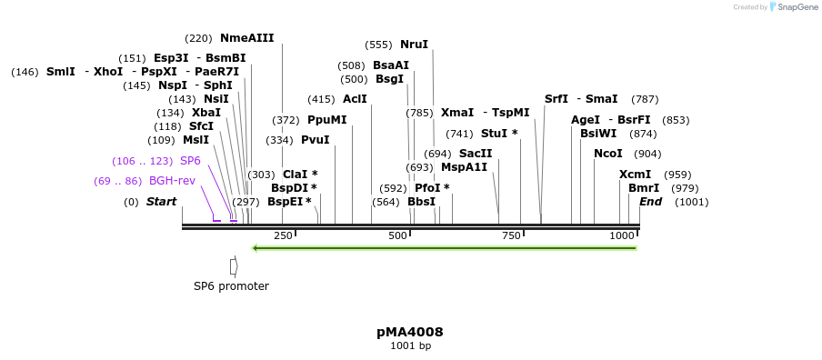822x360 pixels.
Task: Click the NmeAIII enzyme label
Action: click(x=246, y=38)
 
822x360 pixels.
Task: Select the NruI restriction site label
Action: click(x=414, y=45)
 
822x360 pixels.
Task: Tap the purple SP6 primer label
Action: click(x=190, y=161)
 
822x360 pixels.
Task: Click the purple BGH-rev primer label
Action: click(x=172, y=181)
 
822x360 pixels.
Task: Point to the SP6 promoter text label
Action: click(x=231, y=286)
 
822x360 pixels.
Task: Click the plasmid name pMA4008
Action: click(x=410, y=332)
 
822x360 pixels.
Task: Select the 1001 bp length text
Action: click(x=410, y=346)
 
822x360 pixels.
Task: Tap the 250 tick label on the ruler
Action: click(x=283, y=235)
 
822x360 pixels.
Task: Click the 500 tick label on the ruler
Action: click(x=397, y=235)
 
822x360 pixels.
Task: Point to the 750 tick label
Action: click(x=511, y=235)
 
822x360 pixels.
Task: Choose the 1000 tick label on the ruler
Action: click(x=622, y=235)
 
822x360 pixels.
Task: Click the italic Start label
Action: click(x=161, y=202)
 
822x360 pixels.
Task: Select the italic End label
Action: click(x=650, y=202)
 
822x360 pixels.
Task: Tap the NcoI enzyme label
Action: click(x=607, y=154)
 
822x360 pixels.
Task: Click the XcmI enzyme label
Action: click(x=635, y=175)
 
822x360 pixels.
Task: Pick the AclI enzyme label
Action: click(x=355, y=99)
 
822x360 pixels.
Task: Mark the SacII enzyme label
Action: click(x=476, y=154)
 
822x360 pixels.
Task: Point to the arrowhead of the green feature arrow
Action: click(x=256, y=247)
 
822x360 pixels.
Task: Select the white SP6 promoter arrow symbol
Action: click(x=234, y=266)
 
